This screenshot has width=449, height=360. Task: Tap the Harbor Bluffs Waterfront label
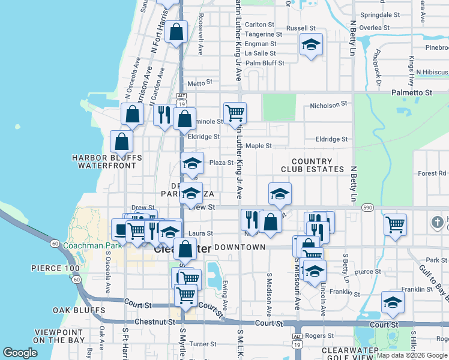pyautogui.click(x=107, y=161)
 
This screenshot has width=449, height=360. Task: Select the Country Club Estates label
pyautogui.click(x=311, y=166)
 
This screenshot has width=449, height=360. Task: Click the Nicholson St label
pyautogui.click(x=328, y=104)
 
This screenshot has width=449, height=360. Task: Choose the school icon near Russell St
pyautogui.click(x=311, y=45)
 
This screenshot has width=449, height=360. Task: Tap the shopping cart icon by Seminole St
pyautogui.click(x=235, y=112)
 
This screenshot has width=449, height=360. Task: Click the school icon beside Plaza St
pyautogui.click(x=192, y=163)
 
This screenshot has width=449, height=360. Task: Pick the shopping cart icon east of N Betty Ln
pyautogui.click(x=395, y=224)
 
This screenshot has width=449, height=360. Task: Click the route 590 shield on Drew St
pyautogui.click(x=368, y=207)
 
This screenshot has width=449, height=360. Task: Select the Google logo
pyautogui.click(x=20, y=353)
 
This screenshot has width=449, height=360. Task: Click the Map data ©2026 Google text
pyautogui.click(x=411, y=355)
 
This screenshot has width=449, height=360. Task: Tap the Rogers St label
pyautogui.click(x=319, y=336)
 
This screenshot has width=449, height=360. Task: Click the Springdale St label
pyautogui.click(x=380, y=14)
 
